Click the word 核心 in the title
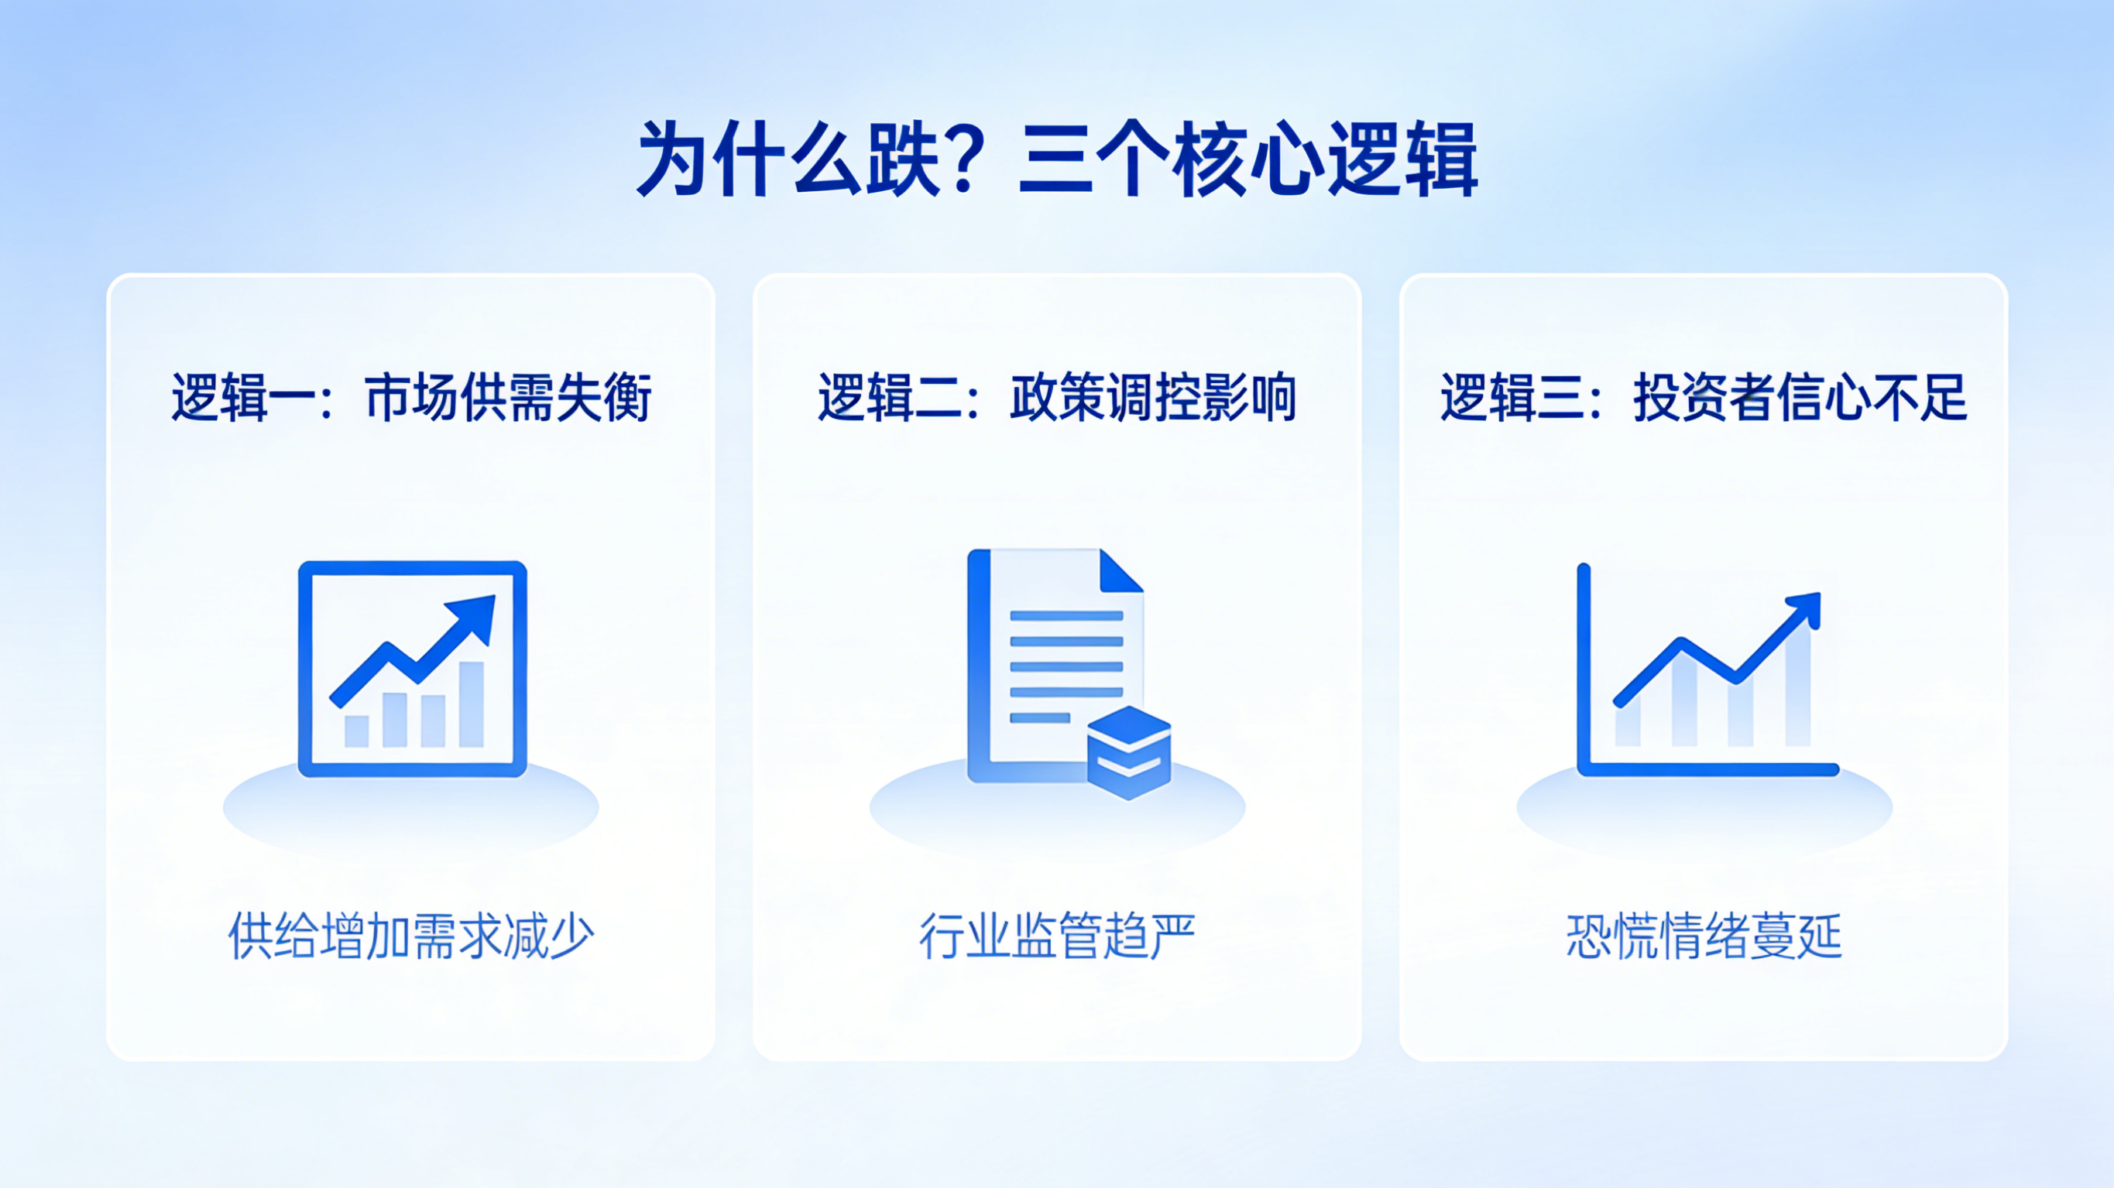pyautogui.click(x=1247, y=159)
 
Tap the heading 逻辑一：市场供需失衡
pyautogui.click(x=411, y=397)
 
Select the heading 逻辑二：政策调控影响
pyautogui.click(x=1057, y=397)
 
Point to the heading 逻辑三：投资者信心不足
pyautogui.click(x=1704, y=397)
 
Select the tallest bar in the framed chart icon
pyautogui.click(x=471, y=704)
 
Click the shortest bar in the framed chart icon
pyautogui.click(x=356, y=731)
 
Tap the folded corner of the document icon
pyautogui.click(x=1120, y=571)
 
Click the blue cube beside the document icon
pyautogui.click(x=1129, y=752)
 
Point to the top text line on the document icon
pyautogui.click(x=1066, y=615)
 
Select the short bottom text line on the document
pyautogui.click(x=1040, y=718)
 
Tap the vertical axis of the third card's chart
pyautogui.click(x=1584, y=669)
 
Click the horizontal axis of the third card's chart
pyautogui.click(x=1707, y=769)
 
